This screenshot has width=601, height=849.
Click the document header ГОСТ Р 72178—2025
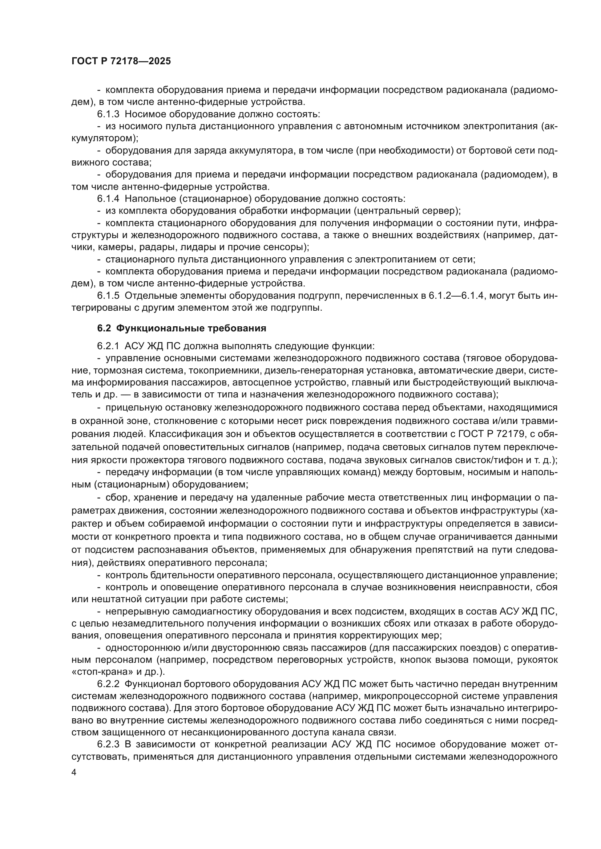121,61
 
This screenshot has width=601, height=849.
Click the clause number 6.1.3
108,114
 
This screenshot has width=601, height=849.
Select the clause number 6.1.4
108,199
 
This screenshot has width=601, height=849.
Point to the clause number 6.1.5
108,296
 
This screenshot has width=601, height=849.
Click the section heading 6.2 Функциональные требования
181,328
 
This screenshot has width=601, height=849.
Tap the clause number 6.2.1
108,346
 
